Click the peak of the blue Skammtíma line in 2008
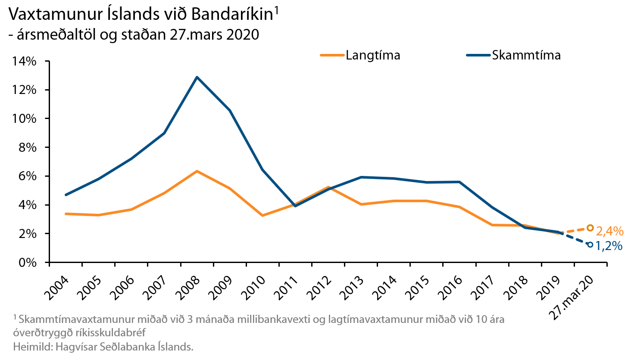click(x=197, y=77)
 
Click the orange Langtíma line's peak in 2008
click(x=197, y=171)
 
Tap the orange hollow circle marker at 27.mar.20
click(x=590, y=228)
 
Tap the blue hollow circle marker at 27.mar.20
click(x=590, y=244)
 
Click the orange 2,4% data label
click(x=609, y=231)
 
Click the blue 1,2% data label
click(x=609, y=246)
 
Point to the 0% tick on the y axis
click(x=28, y=262)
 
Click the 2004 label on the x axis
click(x=56, y=287)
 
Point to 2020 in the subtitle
click(x=243, y=34)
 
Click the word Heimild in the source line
click(x=32, y=347)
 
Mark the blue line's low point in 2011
click(x=295, y=206)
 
